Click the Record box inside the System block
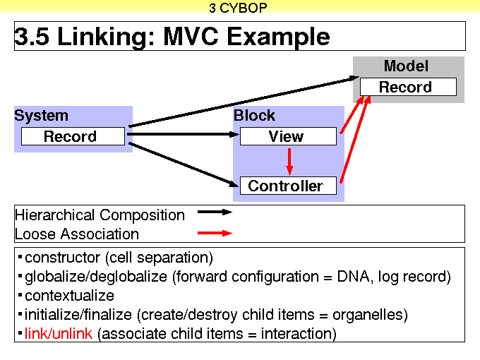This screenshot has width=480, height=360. pyautogui.click(x=73, y=136)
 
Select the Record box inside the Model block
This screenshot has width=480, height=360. pyautogui.click(x=408, y=87)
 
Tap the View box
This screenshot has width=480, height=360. pyautogui.click(x=288, y=136)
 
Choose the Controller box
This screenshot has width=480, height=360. pyautogui.click(x=288, y=186)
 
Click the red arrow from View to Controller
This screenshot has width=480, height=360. pyautogui.click(x=289, y=162)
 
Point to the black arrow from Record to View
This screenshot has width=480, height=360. pyautogui.click(x=183, y=134)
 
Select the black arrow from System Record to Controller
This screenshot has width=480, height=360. pyautogui.click(x=184, y=164)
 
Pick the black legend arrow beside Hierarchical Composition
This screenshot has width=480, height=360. pyautogui.click(x=215, y=212)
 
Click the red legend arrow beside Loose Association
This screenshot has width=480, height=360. pyautogui.click(x=215, y=233)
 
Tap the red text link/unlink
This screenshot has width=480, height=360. pyautogui.click(x=59, y=333)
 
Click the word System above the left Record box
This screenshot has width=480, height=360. pyautogui.click(x=42, y=116)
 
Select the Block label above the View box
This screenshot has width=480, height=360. pyautogui.click(x=254, y=115)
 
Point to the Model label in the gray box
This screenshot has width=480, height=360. pyautogui.click(x=406, y=66)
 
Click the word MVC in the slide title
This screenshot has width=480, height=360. pyautogui.click(x=191, y=37)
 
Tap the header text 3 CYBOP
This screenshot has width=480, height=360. pyautogui.click(x=238, y=8)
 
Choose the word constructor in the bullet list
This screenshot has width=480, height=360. pyautogui.click(x=62, y=258)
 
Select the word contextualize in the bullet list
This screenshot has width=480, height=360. pyautogui.click(x=69, y=296)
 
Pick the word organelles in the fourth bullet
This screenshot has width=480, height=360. pyautogui.click(x=370, y=315)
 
